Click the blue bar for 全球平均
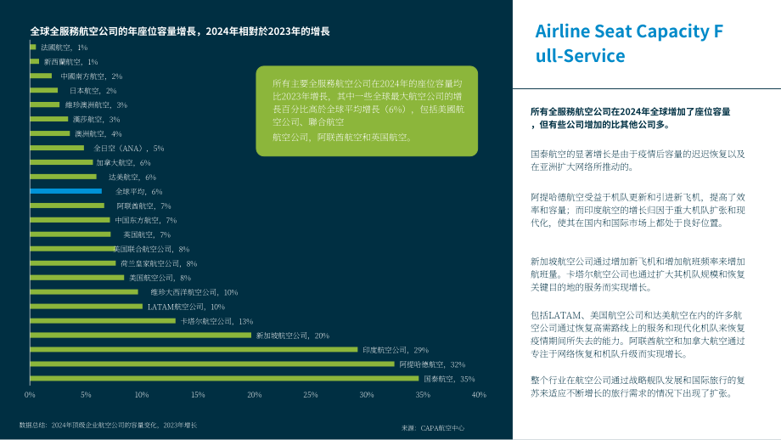[x=65, y=191]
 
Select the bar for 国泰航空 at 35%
[x=224, y=379]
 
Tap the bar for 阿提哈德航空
[x=212, y=364]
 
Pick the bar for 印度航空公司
[x=194, y=350]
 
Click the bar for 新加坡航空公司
[x=140, y=336]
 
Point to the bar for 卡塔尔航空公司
[x=103, y=321]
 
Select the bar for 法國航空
[x=33, y=48]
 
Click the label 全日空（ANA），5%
[x=128, y=149]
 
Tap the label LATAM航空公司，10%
[x=186, y=307]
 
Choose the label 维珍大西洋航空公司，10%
[x=194, y=292]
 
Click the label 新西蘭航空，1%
[x=70, y=62]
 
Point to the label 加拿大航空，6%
[x=124, y=163]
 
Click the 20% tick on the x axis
[x=254, y=395]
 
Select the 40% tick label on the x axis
[x=479, y=395]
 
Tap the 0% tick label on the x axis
[x=30, y=395]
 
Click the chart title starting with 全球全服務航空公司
[x=180, y=31]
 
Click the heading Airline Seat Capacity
[x=629, y=43]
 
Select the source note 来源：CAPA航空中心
[x=433, y=428]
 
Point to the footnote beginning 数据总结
[x=108, y=426]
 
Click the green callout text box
[x=367, y=111]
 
